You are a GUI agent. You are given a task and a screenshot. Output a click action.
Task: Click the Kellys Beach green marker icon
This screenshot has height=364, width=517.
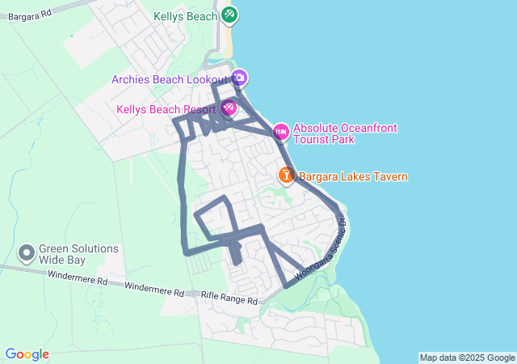(x=229, y=15)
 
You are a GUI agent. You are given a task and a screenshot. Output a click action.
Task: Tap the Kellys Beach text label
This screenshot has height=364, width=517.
(x=186, y=16)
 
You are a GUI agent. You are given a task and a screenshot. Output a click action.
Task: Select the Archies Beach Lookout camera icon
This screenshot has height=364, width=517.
(x=239, y=78)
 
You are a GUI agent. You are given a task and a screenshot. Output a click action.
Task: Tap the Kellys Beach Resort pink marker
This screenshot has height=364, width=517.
(x=229, y=108)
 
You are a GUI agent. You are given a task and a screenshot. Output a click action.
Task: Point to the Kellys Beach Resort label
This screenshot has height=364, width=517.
(x=166, y=109)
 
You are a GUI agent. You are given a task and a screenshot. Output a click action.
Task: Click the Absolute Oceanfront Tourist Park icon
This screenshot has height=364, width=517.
(x=280, y=131)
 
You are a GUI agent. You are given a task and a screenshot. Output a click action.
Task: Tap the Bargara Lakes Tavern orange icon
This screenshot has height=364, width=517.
(x=286, y=175)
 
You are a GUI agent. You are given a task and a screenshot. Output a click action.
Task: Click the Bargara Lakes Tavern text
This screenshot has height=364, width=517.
(x=353, y=176)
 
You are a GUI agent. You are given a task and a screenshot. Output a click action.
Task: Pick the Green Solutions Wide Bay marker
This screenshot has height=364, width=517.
(x=27, y=254)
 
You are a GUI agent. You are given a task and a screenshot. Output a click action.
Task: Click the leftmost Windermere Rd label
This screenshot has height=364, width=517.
(x=78, y=280)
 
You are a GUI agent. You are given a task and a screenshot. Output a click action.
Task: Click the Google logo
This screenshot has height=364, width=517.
(x=27, y=354)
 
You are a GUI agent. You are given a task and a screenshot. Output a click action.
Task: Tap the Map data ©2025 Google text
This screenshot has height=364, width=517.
(x=467, y=358)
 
